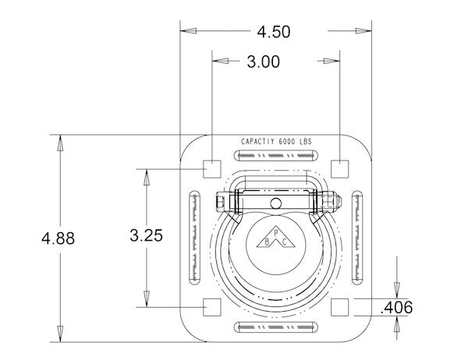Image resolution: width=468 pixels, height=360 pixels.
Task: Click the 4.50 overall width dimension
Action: pyautogui.click(x=273, y=32)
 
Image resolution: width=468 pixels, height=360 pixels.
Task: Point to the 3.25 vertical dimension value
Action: pyautogui.click(x=145, y=235)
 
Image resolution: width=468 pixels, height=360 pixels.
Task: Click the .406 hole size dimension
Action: pyautogui.click(x=395, y=307)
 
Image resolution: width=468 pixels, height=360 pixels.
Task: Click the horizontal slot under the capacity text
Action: pyautogui.click(x=274, y=155)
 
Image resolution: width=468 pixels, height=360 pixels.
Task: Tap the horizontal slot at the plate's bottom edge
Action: pyautogui.click(x=274, y=325)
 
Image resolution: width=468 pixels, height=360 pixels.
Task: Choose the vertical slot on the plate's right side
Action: pyautogui.click(x=356, y=236)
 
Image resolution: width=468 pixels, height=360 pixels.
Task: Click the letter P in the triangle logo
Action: pyautogui.click(x=274, y=232)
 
